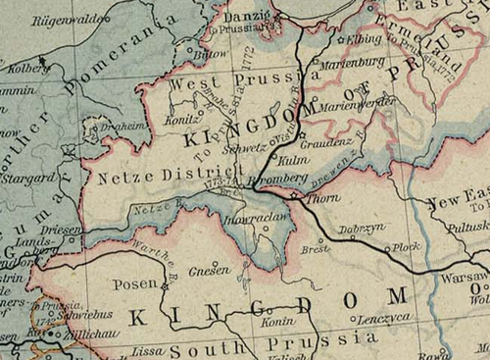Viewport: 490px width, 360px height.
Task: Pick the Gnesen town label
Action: pyautogui.click(x=210, y=269)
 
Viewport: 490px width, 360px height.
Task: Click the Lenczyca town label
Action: pyautogui.click(x=381, y=319)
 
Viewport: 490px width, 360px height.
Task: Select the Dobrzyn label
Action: pyautogui.click(x=358, y=230)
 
